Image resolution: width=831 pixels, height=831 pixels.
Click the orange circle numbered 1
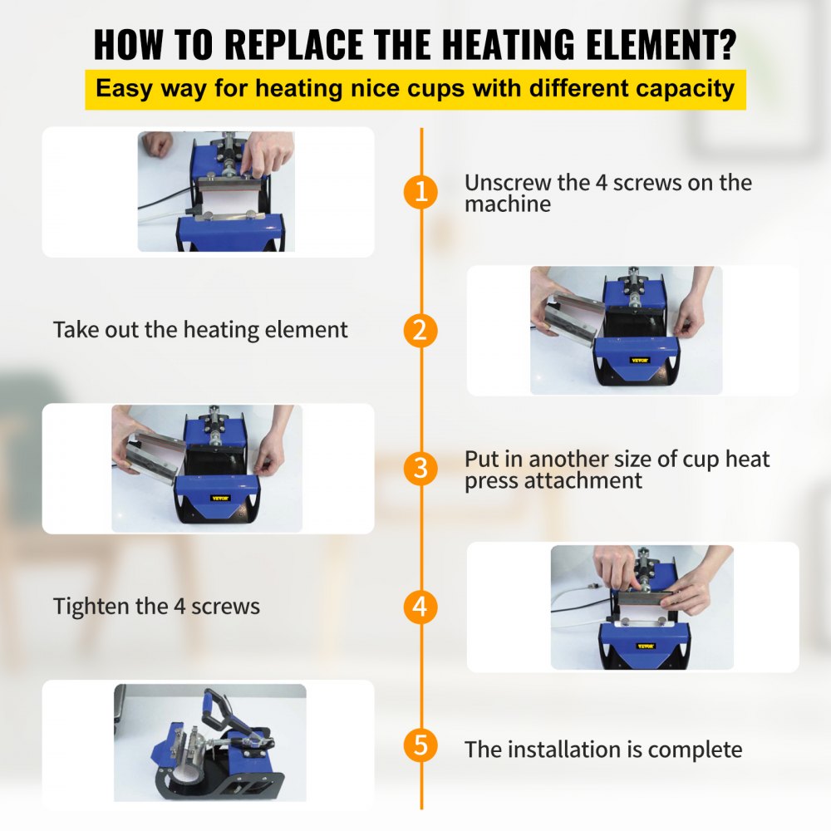point(420,191)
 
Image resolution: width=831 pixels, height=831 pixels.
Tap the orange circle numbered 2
point(420,330)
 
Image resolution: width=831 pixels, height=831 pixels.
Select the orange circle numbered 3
point(420,469)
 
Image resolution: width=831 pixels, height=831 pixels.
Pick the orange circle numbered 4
point(420,607)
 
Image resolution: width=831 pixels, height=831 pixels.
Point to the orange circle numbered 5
point(420,745)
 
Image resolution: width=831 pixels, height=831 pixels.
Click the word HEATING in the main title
point(509,44)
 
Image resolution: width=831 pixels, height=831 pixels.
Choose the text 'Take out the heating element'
point(200,330)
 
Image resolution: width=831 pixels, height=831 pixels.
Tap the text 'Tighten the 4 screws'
point(156,607)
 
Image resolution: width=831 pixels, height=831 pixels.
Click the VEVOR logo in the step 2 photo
point(639,361)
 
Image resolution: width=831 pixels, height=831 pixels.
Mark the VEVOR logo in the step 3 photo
point(220,498)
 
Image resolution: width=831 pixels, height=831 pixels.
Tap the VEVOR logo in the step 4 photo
point(646,646)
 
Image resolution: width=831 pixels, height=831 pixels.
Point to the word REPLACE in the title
point(294,44)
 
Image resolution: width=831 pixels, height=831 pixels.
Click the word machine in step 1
point(508,204)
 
